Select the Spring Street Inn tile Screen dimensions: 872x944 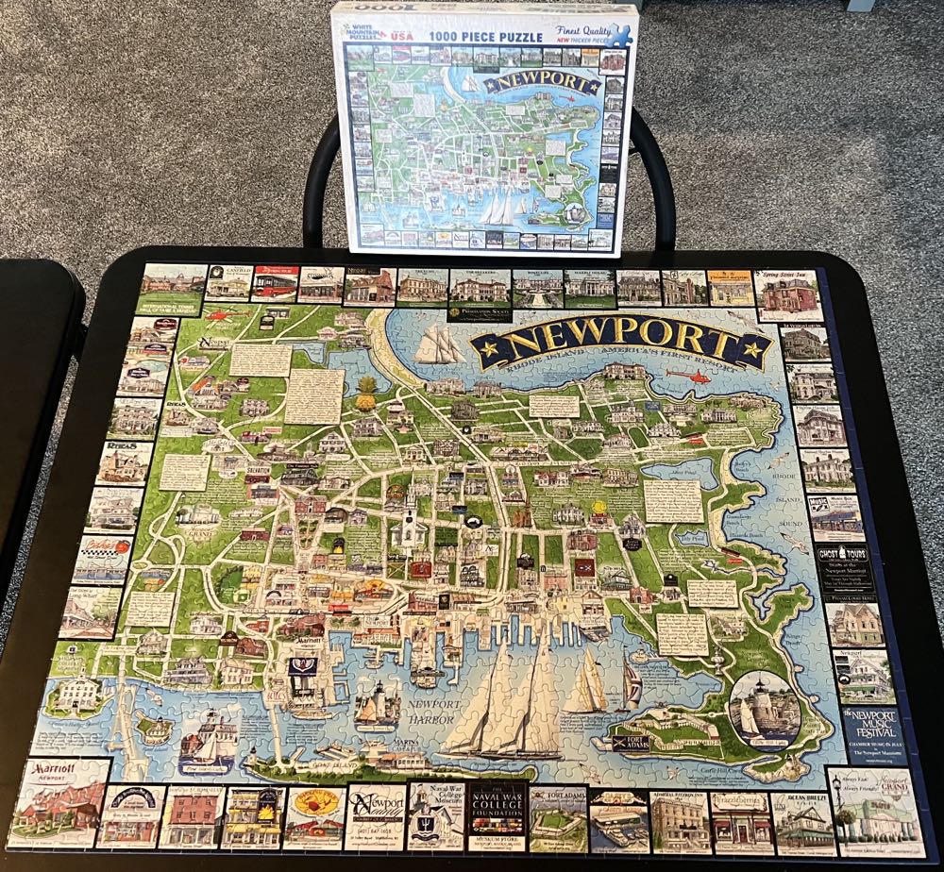(785, 294)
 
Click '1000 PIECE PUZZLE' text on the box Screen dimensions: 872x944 (488, 37)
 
